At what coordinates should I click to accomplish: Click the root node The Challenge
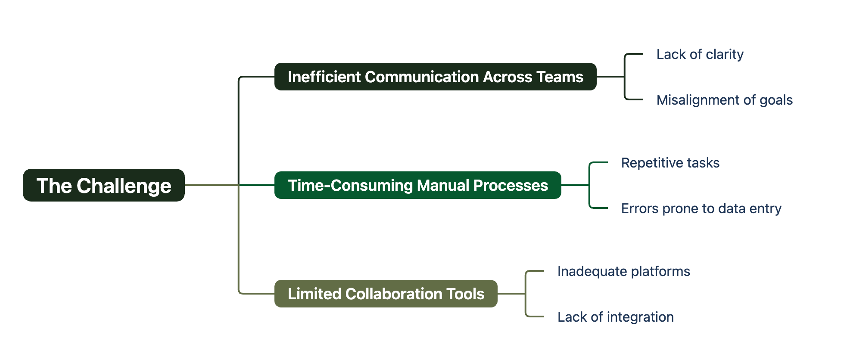tap(103, 185)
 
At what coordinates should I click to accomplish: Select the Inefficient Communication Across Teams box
tap(435, 77)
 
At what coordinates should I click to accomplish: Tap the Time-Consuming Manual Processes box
tap(417, 185)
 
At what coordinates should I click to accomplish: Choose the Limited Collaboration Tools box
tap(386, 294)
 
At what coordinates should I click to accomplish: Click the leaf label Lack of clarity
tap(700, 54)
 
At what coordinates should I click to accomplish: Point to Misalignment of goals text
tap(724, 100)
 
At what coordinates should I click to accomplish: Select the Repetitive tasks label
tap(670, 163)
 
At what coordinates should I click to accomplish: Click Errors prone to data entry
tap(701, 208)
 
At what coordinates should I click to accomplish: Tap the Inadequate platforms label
tap(623, 271)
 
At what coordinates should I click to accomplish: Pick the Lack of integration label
tap(615, 317)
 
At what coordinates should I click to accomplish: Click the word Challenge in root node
tap(124, 186)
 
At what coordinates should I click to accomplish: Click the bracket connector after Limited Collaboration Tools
tap(526, 294)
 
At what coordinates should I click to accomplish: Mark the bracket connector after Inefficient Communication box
tap(625, 77)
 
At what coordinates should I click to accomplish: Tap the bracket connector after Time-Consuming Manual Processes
tap(589, 185)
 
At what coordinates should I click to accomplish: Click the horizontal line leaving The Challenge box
tap(211, 185)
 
